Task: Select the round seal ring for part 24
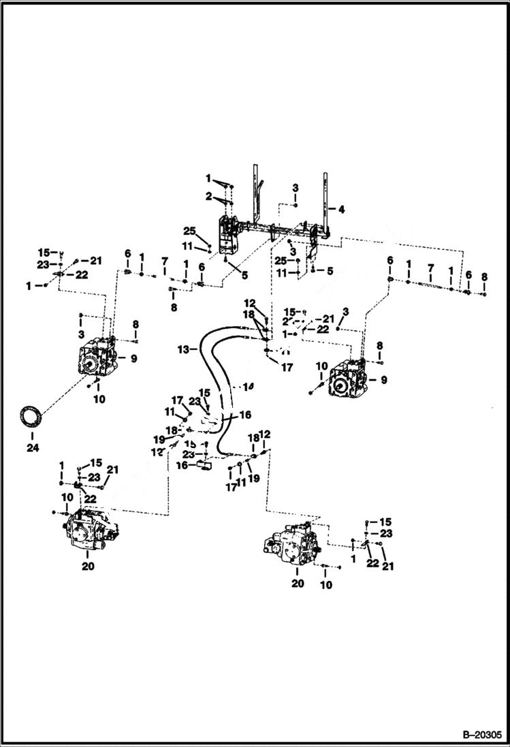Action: coord(31,416)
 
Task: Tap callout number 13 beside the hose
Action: coord(182,349)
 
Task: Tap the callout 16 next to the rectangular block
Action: coord(182,465)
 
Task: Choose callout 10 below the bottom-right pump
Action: coord(326,585)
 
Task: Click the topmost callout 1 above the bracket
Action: coord(209,178)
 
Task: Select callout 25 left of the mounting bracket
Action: coord(190,230)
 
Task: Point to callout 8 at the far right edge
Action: coord(484,276)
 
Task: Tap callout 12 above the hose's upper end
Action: coord(250,303)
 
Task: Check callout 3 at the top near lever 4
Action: coord(295,187)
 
